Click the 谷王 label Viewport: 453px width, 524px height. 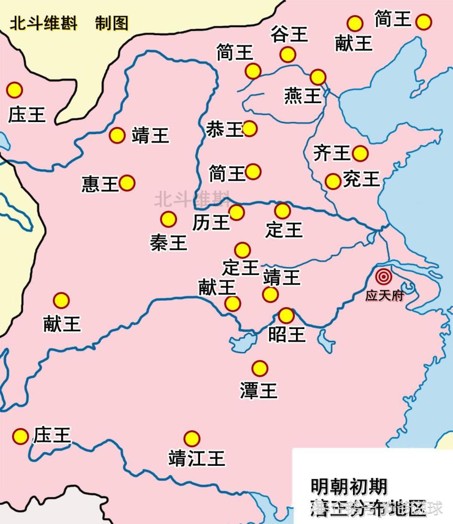pos(289,35)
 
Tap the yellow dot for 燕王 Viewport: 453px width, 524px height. pos(318,77)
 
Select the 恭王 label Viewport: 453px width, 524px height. pos(224,129)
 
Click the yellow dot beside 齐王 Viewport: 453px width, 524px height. pos(360,153)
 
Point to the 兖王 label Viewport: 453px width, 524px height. pos(361,179)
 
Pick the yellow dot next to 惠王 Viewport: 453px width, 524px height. pos(127,183)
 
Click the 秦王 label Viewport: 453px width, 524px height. pos(169,242)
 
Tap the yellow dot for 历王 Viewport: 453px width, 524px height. pos(236,212)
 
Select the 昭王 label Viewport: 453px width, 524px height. pos(286,334)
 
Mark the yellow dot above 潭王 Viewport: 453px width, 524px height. pos(259,368)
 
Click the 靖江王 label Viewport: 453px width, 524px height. pos(196,458)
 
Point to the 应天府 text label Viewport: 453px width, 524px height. pos(384,296)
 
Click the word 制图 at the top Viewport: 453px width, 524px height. pos(112,24)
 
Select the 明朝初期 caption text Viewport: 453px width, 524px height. pos(348,487)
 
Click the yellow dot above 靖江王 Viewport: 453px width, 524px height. pos(192,439)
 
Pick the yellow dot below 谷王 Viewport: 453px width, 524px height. pos(288,54)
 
